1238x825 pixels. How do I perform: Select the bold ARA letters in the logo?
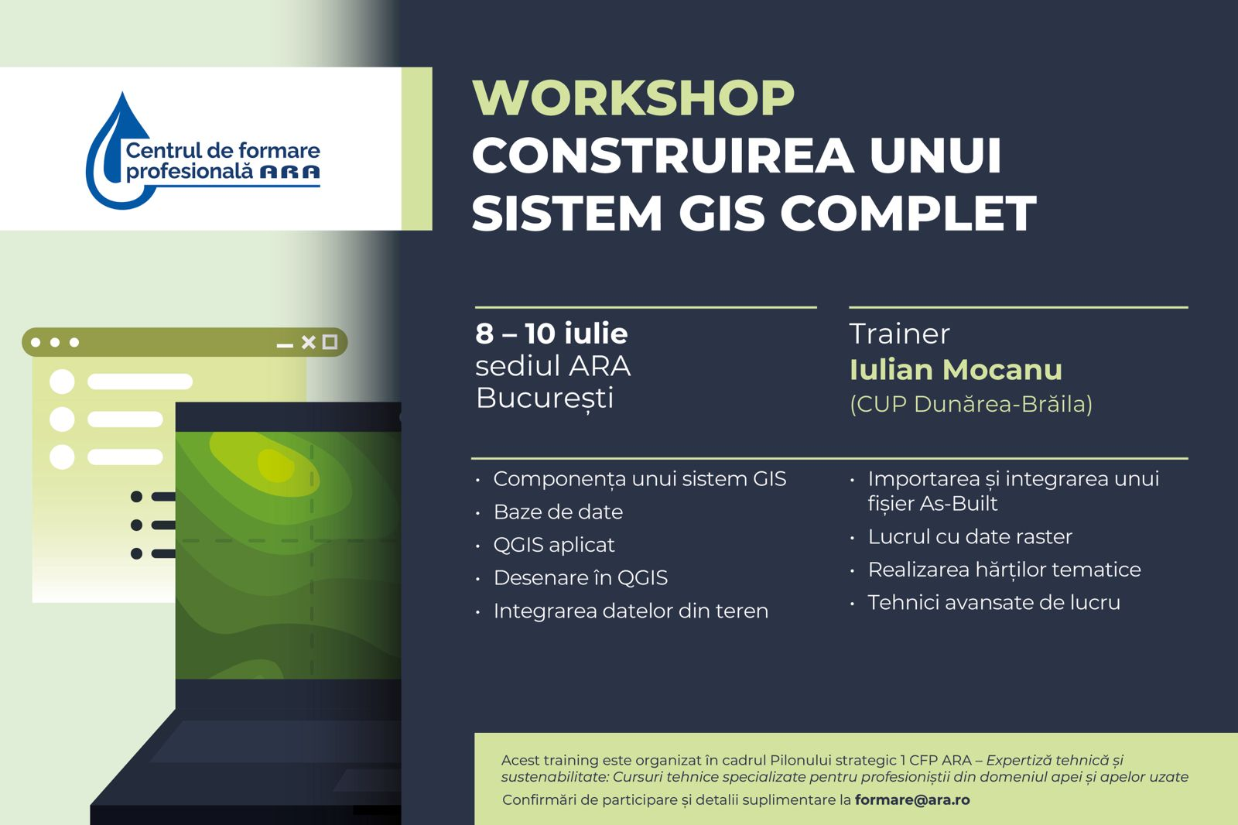pyautogui.click(x=289, y=172)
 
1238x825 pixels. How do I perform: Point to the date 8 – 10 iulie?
pyautogui.click(x=552, y=334)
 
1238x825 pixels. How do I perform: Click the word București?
pyautogui.click(x=545, y=398)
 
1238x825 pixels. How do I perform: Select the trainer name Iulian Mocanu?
pyautogui.click(x=956, y=369)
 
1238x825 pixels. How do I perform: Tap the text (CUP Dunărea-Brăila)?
pyautogui.click(x=971, y=404)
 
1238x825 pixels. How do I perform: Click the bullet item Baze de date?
pyautogui.click(x=558, y=512)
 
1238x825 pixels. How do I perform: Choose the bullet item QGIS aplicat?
pyautogui.click(x=554, y=545)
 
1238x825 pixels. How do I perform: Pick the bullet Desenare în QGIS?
pyautogui.click(x=580, y=578)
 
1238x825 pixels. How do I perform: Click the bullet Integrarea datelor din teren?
pyautogui.click(x=631, y=611)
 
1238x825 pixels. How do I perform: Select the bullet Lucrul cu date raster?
pyautogui.click(x=970, y=536)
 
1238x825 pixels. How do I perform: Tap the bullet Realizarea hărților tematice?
pyautogui.click(x=1004, y=570)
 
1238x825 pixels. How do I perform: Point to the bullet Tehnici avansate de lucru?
pyautogui.click(x=993, y=602)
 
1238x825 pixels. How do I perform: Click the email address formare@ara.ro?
pyautogui.click(x=912, y=799)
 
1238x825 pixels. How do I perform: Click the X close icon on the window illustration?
pyautogui.click(x=309, y=342)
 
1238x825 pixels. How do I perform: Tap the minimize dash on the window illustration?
pyautogui.click(x=285, y=346)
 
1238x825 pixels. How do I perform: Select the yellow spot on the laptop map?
pyautogui.click(x=275, y=464)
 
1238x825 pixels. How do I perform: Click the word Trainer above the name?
pyautogui.click(x=899, y=334)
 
